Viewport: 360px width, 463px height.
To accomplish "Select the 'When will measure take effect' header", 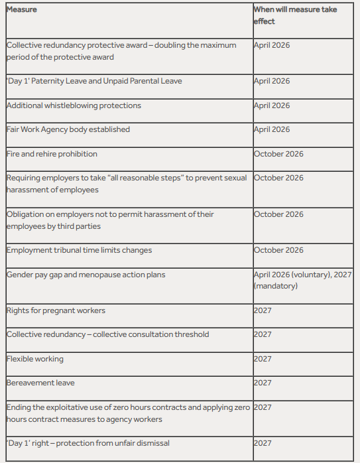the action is (x=295, y=15).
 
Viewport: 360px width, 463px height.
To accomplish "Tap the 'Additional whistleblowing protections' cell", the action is (x=74, y=105).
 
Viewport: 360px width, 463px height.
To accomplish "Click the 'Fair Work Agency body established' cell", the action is (x=68, y=129).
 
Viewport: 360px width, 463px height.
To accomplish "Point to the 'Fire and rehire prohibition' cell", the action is (x=52, y=154).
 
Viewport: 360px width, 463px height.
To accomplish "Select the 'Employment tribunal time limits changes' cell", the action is (x=79, y=250).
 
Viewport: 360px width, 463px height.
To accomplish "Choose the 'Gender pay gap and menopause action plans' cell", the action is (x=86, y=274).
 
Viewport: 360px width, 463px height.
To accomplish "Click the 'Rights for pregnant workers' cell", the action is (x=56, y=310).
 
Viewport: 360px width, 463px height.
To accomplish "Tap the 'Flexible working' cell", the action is (x=35, y=359).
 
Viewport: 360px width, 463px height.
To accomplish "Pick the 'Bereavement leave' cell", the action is (x=40, y=383).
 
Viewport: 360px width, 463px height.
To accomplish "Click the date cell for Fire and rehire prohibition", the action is (x=278, y=154).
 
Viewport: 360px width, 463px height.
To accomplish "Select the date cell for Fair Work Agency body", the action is (x=272, y=129).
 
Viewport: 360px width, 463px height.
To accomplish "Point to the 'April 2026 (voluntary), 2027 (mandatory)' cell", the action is (x=302, y=280).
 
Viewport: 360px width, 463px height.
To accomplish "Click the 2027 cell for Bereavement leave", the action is (x=263, y=383).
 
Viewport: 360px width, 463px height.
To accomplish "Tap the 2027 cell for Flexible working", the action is (x=263, y=359).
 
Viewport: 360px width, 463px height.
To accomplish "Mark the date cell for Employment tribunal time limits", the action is (x=278, y=250).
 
